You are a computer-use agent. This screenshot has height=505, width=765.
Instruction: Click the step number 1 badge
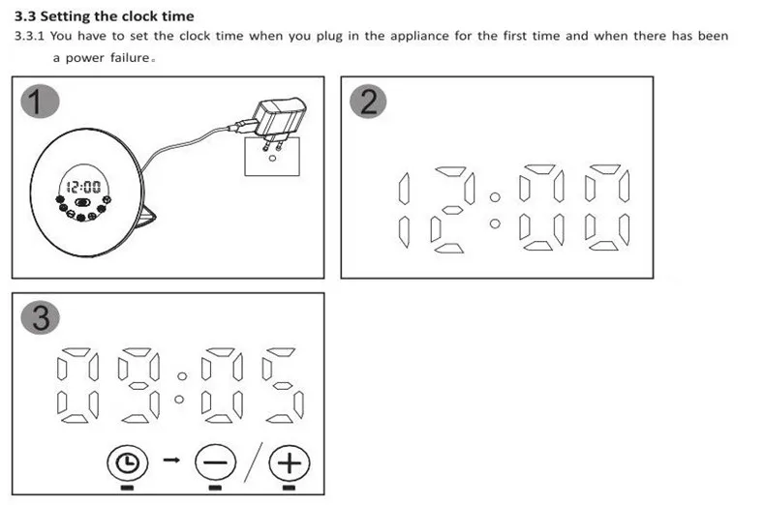tap(40, 102)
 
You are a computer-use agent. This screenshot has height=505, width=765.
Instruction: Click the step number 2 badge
tap(369, 102)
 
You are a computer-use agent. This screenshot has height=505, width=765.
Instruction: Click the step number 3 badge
tap(41, 318)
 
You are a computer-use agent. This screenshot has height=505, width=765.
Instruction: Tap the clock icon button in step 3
tap(127, 462)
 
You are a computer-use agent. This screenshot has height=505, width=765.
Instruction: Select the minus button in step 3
tap(215, 462)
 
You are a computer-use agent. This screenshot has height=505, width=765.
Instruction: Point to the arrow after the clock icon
tap(171, 460)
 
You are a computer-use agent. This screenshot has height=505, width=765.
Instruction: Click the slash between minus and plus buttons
tap(253, 462)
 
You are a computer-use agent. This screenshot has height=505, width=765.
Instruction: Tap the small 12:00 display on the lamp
tap(83, 187)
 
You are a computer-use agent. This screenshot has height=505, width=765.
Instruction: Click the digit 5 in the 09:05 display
tap(283, 385)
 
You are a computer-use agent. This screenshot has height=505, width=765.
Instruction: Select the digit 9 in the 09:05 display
tap(138, 385)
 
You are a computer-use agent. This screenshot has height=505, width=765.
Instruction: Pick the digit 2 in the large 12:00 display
tap(453, 210)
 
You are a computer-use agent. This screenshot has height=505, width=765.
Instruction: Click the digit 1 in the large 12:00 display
tap(404, 210)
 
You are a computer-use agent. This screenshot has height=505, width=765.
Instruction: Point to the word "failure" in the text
tap(130, 57)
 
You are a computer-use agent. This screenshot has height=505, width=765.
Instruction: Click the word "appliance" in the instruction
tap(419, 37)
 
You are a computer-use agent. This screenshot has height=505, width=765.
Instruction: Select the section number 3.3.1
tap(29, 36)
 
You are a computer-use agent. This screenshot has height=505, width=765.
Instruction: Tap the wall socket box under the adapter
tap(272, 157)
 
